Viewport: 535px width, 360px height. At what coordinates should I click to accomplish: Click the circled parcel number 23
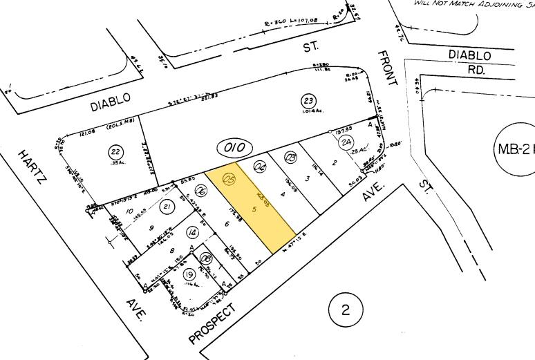click(x=308, y=100)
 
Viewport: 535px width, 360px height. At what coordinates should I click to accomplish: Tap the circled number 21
click(x=167, y=207)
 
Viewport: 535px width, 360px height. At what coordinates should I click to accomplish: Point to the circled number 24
click(x=344, y=143)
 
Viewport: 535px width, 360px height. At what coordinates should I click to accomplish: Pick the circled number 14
click(x=192, y=234)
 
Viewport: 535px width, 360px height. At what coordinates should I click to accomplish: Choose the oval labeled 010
click(x=235, y=146)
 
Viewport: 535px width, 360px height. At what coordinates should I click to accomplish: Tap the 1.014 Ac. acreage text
click(x=308, y=112)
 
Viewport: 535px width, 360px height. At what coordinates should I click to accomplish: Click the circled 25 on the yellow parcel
click(x=229, y=180)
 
